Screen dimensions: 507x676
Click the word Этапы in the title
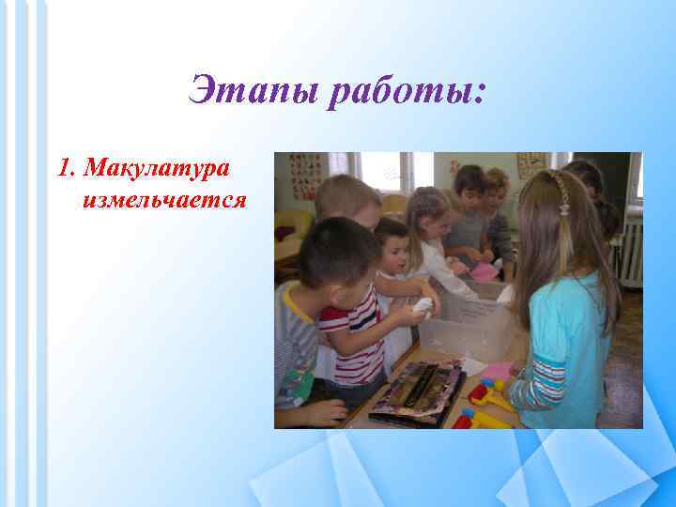(x=246, y=91)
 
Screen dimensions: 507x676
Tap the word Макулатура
(x=159, y=169)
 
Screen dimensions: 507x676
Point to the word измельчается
(x=164, y=199)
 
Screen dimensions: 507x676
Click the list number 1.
(x=63, y=169)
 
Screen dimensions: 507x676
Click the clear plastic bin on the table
(x=467, y=321)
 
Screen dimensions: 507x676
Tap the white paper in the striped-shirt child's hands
(x=425, y=306)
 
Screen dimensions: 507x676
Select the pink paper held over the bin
(x=484, y=271)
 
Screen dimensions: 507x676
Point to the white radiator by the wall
(x=630, y=253)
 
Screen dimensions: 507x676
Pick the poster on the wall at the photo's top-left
(x=304, y=175)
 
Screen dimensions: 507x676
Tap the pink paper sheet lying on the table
(x=499, y=370)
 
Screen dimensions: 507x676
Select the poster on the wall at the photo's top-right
(x=531, y=163)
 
